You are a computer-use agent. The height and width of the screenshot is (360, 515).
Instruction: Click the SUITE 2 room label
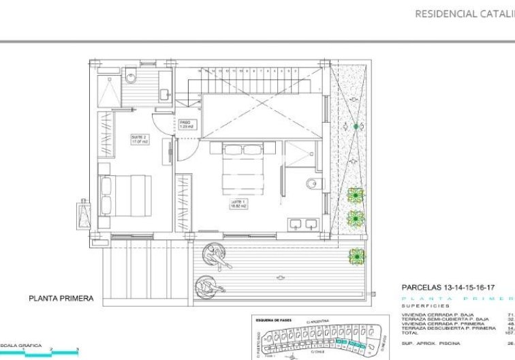point(140,139)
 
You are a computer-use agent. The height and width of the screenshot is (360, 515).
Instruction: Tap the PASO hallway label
point(186,125)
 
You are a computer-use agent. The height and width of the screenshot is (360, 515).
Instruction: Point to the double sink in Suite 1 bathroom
point(304,223)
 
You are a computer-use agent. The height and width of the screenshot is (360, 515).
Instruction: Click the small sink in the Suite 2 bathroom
point(164,93)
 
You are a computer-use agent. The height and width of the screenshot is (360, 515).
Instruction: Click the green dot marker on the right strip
point(355,126)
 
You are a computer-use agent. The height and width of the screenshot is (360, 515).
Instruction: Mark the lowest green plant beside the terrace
point(356,256)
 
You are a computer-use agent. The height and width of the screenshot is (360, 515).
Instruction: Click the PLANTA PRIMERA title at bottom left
point(61,298)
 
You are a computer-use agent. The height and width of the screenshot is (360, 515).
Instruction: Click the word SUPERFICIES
point(423,306)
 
